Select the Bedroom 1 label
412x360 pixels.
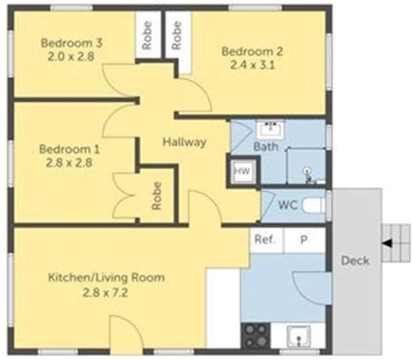pyautogui.click(x=65, y=149)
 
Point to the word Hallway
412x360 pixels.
pyautogui.click(x=184, y=142)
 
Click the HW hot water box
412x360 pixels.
pyautogui.click(x=242, y=171)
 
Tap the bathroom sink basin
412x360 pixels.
pyautogui.click(x=270, y=130)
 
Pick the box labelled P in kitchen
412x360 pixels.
pyautogui.click(x=304, y=240)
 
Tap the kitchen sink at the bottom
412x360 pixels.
pyautogui.click(x=298, y=335)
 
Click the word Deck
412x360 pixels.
pyautogui.click(x=355, y=260)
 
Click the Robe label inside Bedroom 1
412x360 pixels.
pyautogui.click(x=157, y=196)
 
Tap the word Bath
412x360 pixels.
pyautogui.click(x=265, y=147)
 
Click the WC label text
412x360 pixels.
pyautogui.click(x=288, y=206)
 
